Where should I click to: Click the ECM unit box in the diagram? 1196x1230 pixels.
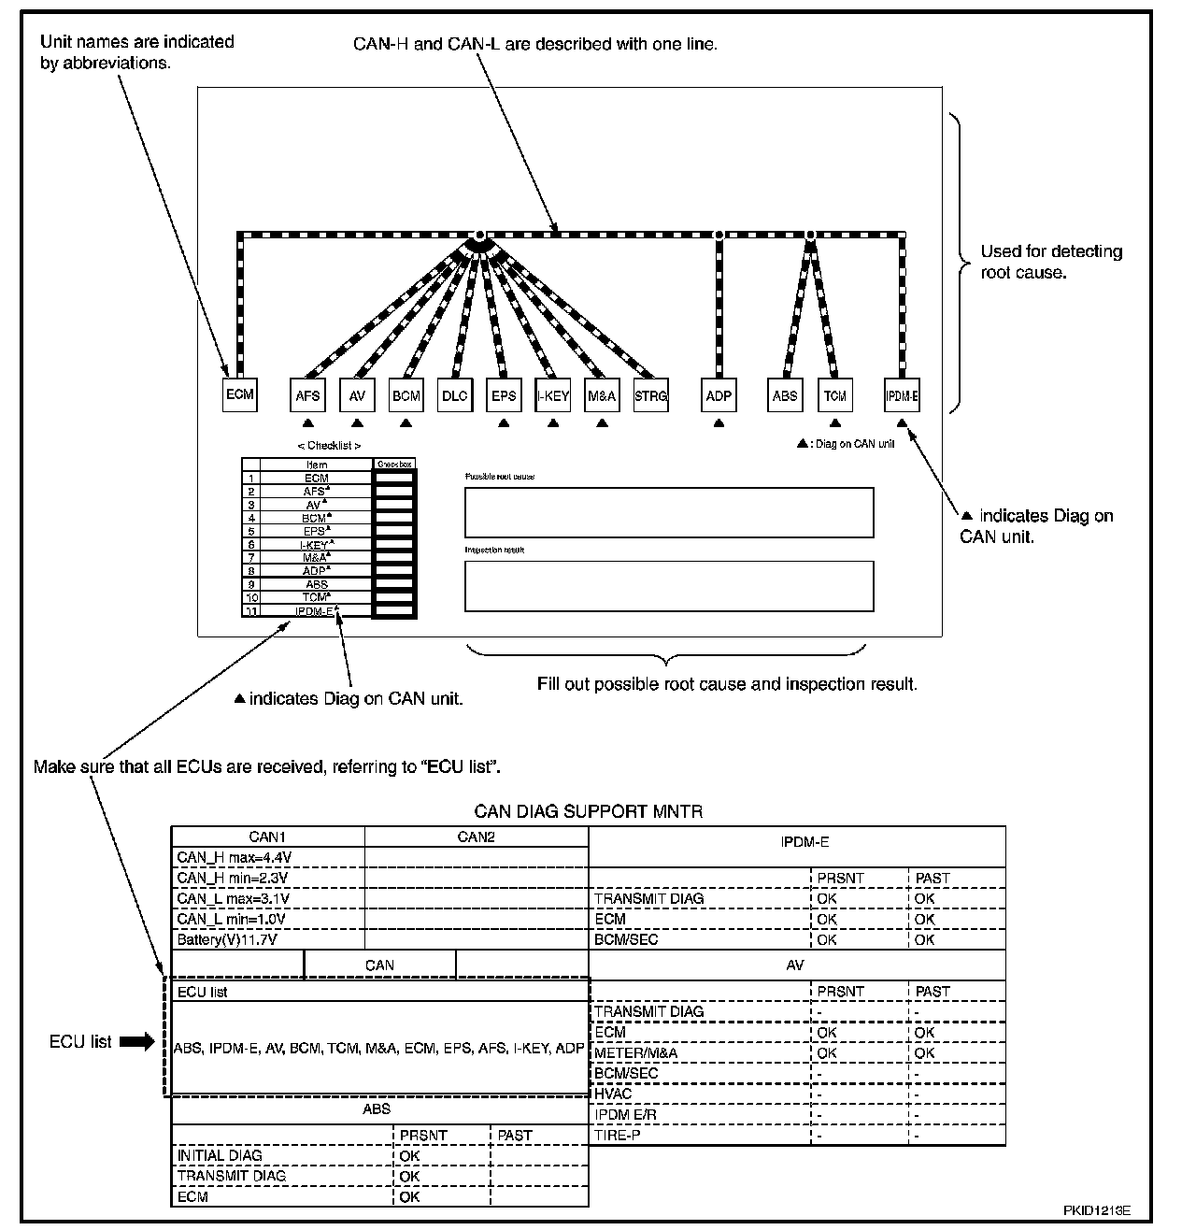click(x=240, y=394)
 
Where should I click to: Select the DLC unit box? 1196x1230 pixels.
click(x=454, y=395)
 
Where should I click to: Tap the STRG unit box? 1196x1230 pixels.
click(x=650, y=395)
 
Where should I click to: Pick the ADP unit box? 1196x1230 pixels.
click(x=719, y=395)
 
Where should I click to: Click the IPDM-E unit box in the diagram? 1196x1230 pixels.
click(x=902, y=395)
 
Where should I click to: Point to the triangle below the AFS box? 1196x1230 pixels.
click(x=308, y=423)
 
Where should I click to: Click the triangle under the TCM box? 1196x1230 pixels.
click(x=835, y=423)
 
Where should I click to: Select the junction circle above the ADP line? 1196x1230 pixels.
click(x=719, y=234)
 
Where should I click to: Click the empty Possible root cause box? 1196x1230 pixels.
click(x=669, y=512)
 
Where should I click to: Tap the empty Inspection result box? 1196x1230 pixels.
click(x=669, y=586)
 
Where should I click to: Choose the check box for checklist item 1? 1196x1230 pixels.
click(x=394, y=478)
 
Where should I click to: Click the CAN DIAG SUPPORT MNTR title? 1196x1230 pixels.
click(x=589, y=811)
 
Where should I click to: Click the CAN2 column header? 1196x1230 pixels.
click(x=476, y=837)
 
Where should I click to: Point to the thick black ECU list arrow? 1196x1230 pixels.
click(x=137, y=1042)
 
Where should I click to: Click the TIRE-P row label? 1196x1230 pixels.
click(x=617, y=1135)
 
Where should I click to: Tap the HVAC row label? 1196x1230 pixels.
click(x=613, y=1094)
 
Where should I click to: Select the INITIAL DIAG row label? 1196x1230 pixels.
click(x=220, y=1155)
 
